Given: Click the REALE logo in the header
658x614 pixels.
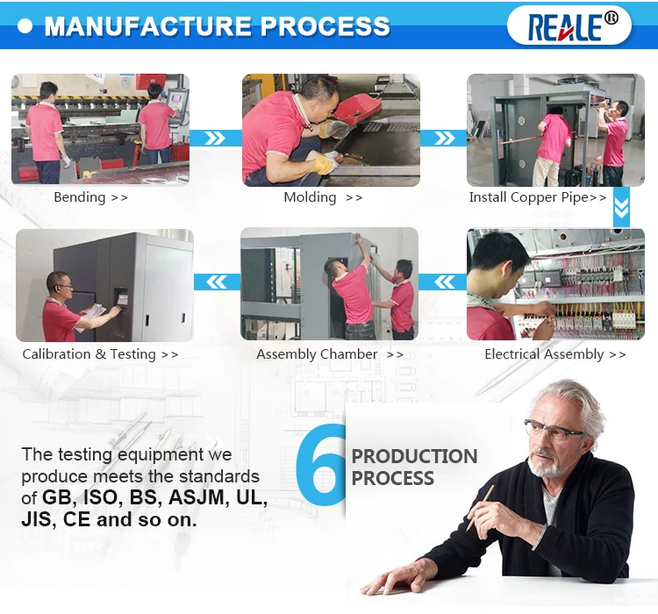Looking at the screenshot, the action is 569,26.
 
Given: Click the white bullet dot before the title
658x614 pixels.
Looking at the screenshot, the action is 25,26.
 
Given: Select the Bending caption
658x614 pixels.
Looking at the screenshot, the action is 90,197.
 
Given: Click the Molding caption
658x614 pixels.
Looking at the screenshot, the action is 323,197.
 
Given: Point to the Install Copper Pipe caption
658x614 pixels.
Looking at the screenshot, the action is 538,197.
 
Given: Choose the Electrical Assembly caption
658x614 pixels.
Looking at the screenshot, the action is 554,354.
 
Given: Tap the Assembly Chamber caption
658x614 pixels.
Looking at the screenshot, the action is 330,354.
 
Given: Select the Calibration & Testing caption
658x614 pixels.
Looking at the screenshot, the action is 100,354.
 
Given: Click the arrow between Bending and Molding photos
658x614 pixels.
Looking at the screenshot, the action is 215,138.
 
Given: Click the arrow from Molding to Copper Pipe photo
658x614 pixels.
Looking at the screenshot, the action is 444,138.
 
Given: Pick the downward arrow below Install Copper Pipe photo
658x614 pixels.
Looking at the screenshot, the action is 621,207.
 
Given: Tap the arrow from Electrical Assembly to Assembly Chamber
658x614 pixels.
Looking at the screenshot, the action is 443,282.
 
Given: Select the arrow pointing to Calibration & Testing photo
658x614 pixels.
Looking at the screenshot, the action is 217,282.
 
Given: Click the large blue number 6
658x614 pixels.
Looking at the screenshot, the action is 321,465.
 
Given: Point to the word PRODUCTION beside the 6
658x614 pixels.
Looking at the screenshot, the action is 415,456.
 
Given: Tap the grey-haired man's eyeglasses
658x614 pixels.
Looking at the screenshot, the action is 554,431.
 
